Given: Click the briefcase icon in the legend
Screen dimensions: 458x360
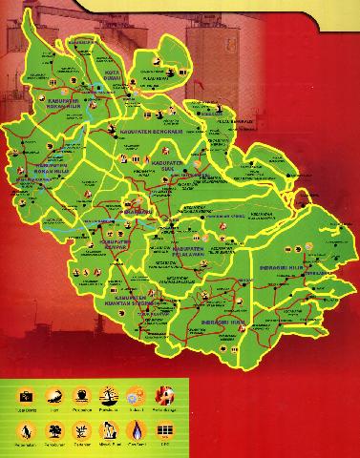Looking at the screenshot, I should coord(22,394).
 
